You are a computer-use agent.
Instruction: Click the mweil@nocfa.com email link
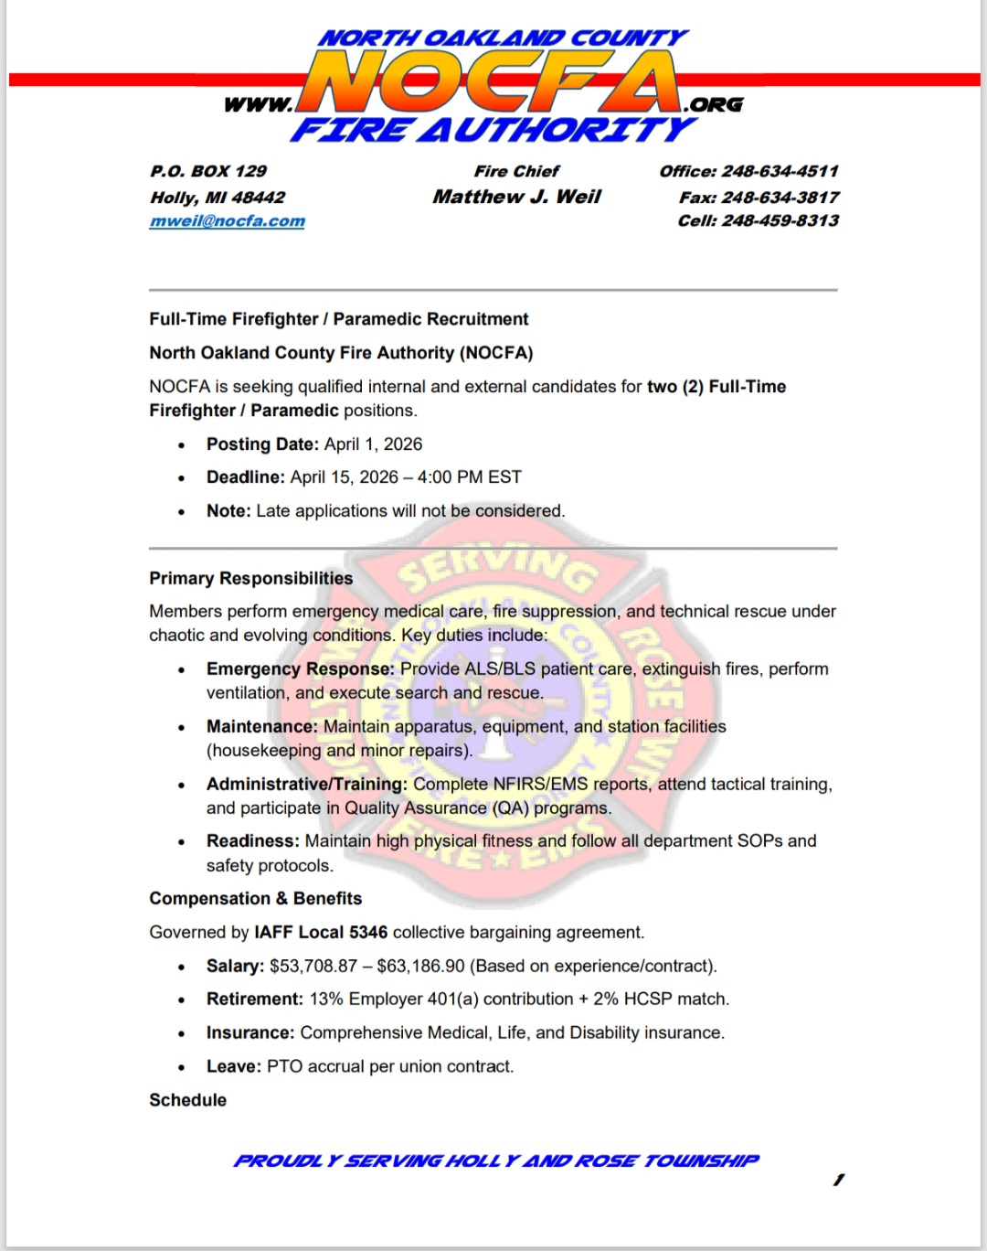[x=227, y=221]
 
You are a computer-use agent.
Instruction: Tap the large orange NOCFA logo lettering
[x=491, y=82]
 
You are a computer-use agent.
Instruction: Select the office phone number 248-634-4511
[x=780, y=171]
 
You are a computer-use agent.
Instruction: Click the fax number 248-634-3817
[x=780, y=197]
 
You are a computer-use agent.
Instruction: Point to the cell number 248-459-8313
[x=780, y=220]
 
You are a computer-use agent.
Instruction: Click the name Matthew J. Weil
[x=516, y=197]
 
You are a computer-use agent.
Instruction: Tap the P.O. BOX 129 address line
[x=208, y=171]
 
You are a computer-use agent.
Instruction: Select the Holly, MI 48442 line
[x=218, y=197]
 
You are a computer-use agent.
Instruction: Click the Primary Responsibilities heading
[x=250, y=578]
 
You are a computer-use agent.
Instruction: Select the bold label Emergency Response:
[x=300, y=668]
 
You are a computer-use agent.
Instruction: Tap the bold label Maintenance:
[x=261, y=726]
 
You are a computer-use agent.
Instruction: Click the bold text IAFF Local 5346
[x=321, y=932]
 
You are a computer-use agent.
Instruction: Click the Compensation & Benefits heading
[x=255, y=898]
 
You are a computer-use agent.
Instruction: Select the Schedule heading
[x=187, y=1099]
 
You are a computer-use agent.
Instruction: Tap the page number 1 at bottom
[x=838, y=1180]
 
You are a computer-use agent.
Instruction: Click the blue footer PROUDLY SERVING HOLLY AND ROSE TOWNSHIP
[x=495, y=1160]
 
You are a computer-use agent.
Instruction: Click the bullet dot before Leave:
[x=182, y=1067]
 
